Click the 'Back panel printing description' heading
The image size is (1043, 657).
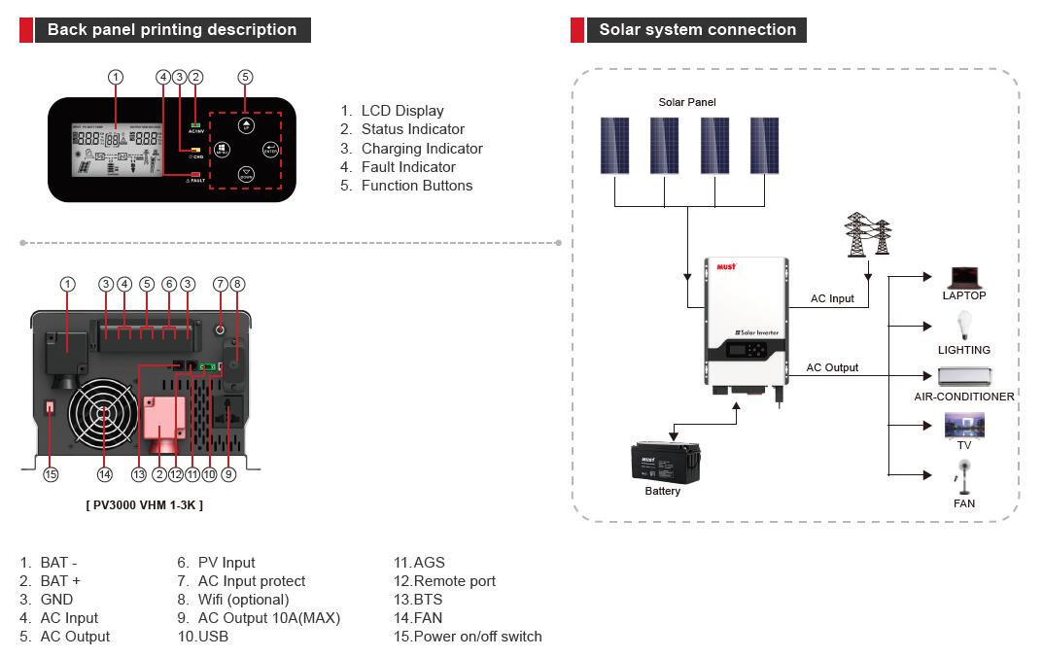point(172,29)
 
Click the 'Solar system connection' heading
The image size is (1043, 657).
point(697,29)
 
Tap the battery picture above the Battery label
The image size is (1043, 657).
point(666,461)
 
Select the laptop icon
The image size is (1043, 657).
point(963,278)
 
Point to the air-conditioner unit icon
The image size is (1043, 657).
point(964,377)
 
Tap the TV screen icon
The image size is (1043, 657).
point(964,426)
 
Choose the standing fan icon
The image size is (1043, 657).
point(964,477)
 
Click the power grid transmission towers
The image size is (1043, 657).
point(869,236)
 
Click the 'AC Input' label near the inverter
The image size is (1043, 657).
point(832,298)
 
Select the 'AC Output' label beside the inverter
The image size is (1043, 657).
point(832,367)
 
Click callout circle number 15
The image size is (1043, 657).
point(51,474)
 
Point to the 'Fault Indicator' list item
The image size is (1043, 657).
point(408,167)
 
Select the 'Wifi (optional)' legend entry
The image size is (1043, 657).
point(243,600)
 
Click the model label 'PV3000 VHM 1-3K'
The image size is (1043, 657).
point(145,505)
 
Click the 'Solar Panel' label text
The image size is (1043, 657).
point(687,102)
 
